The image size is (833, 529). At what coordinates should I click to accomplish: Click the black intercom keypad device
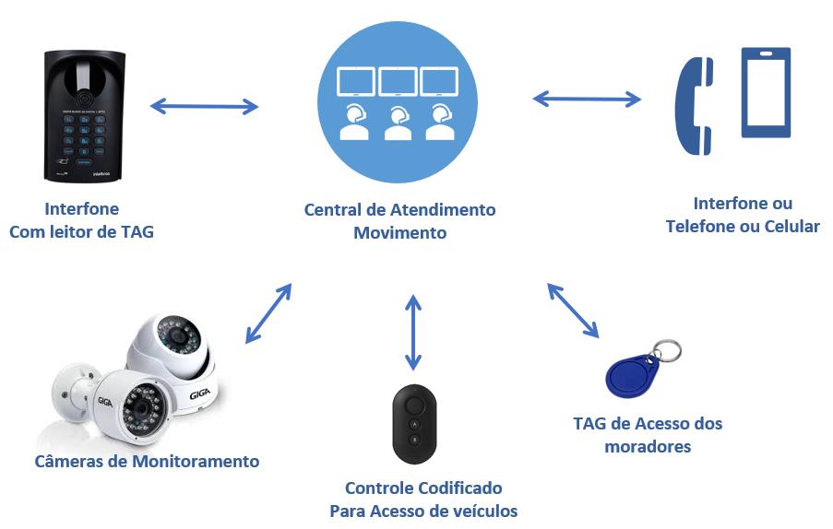(x=84, y=115)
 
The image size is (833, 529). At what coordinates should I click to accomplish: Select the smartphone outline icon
(x=766, y=92)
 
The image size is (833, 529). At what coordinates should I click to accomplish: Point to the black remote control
(x=414, y=424)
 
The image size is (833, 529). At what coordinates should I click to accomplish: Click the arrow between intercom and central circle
(x=204, y=107)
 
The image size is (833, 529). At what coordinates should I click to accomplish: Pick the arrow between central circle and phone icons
(x=587, y=99)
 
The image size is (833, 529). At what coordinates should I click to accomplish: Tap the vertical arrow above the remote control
(x=413, y=332)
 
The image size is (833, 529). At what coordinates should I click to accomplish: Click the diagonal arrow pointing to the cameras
(x=268, y=313)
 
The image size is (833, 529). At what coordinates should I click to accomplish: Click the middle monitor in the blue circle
(x=398, y=82)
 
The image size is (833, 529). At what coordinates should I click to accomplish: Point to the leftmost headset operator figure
(x=354, y=123)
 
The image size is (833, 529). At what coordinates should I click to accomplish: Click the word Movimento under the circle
(x=399, y=233)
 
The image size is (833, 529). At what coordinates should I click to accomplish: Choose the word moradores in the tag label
(x=648, y=447)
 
